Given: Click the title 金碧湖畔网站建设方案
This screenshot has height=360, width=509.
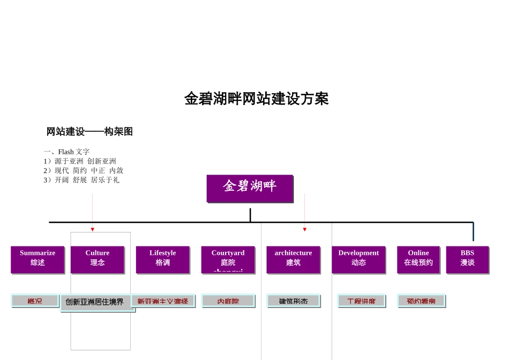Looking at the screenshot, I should coord(256,99).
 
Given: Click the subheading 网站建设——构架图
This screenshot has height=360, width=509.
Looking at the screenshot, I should coord(89,132).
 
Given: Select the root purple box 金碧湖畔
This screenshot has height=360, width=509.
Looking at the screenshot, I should coord(250,188).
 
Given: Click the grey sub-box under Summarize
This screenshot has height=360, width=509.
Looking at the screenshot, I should coord(35,301).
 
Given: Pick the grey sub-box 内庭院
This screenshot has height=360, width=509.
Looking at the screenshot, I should coord(228,301).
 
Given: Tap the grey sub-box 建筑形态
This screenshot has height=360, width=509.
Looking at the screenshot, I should coord(293,301).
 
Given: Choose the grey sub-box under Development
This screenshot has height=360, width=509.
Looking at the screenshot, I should coord(361,301).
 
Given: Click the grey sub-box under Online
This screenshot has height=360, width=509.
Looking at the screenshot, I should coord(421,301).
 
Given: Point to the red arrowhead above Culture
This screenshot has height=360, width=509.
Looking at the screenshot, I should coord(92,229).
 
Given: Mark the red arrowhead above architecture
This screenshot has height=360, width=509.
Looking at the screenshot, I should coord(304,229).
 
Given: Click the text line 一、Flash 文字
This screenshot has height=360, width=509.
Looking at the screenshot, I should coord(67,152).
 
